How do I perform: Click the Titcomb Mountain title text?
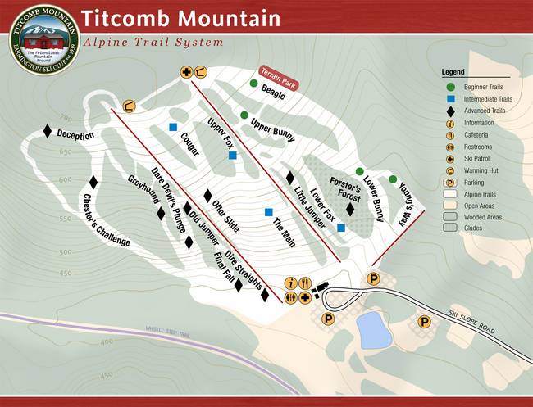click(180, 18)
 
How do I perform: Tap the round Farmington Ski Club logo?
click(44, 39)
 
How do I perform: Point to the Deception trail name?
click(75, 135)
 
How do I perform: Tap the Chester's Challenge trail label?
click(106, 220)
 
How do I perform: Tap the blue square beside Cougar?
click(173, 127)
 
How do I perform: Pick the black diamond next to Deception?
click(48, 131)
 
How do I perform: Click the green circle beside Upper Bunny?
click(244, 115)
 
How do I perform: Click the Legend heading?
click(453, 72)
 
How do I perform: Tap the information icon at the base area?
click(290, 283)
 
